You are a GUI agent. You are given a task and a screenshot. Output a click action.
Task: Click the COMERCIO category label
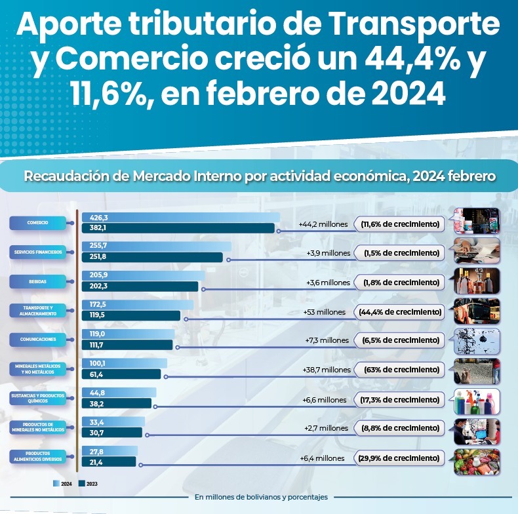pos(37,223)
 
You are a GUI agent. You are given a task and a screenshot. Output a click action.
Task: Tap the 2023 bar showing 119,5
pos(130,316)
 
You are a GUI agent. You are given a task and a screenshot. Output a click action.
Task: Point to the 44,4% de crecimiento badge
pos(399,311)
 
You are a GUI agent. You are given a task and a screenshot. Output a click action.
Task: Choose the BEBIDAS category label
pos(37,281)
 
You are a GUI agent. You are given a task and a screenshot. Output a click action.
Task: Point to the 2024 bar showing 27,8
pos(108,452)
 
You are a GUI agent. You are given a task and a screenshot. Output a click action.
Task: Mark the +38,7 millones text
pos(326,370)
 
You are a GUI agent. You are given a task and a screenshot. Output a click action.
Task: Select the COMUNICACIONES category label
pos(37,340)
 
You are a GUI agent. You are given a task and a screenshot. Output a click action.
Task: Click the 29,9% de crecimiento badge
pos(399,458)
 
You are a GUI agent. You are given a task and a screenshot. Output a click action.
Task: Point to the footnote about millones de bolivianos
pos(260,497)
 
